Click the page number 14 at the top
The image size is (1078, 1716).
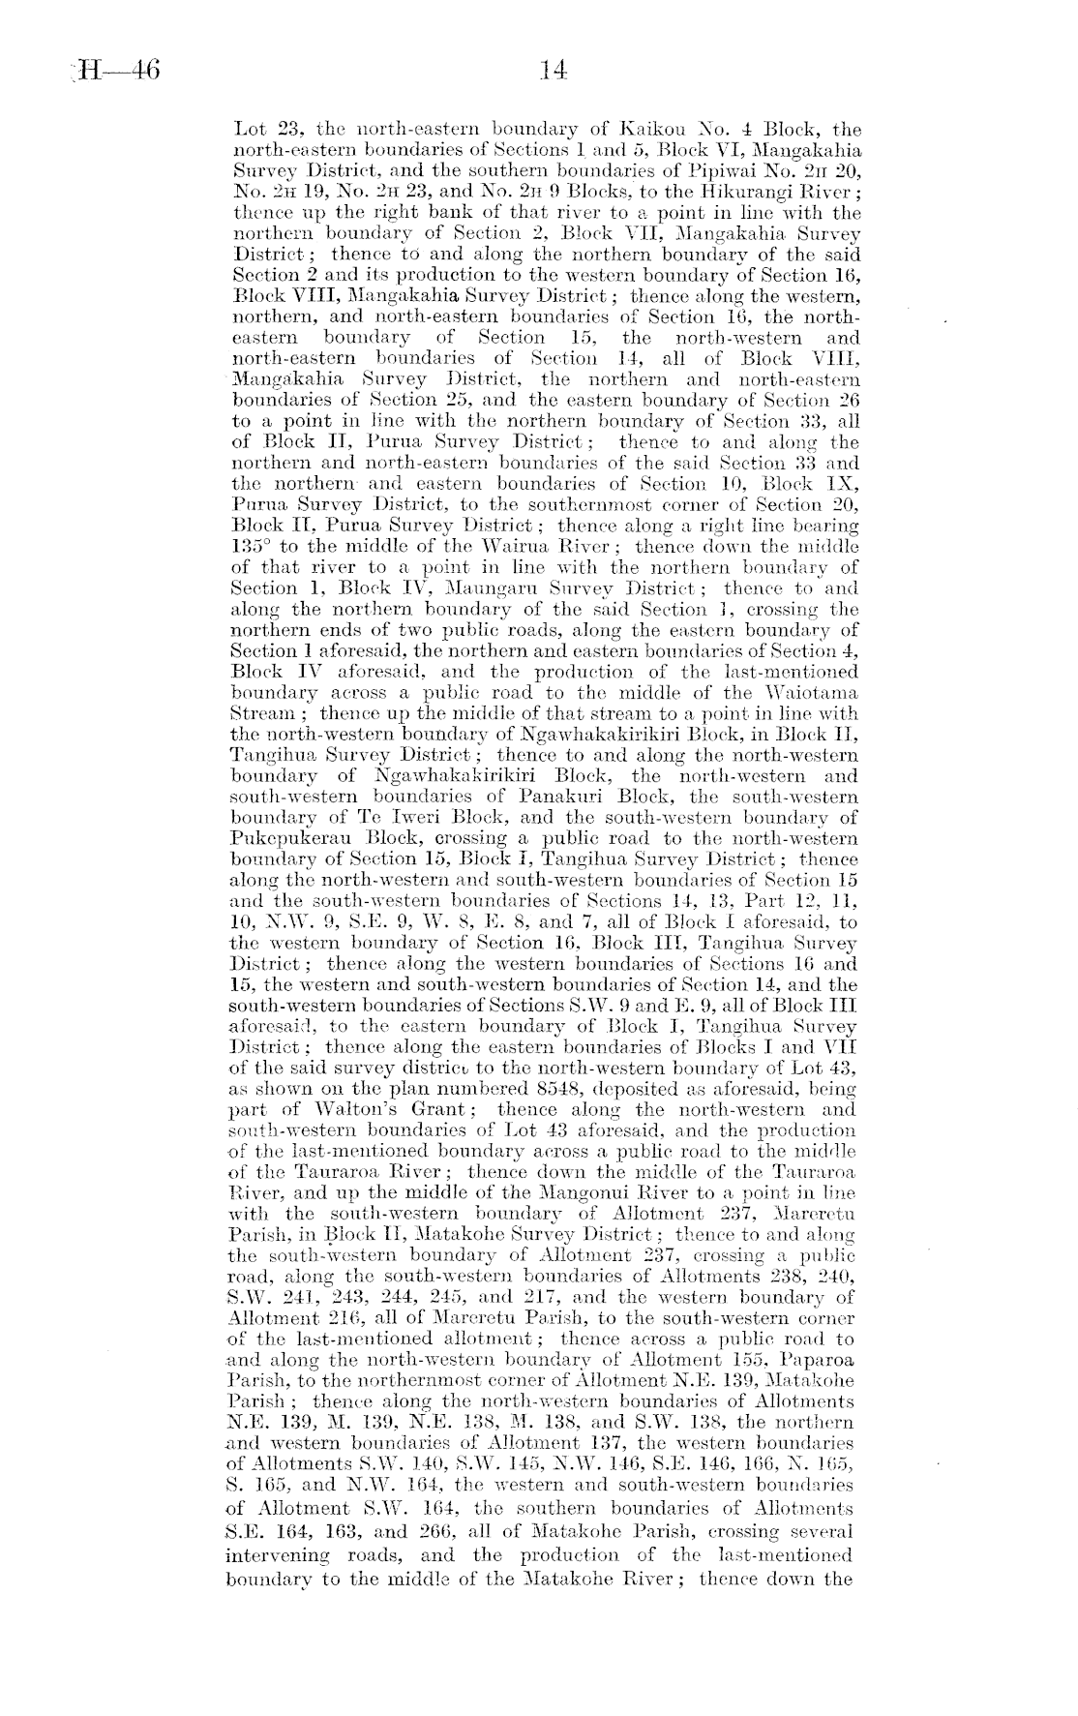tap(553, 71)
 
